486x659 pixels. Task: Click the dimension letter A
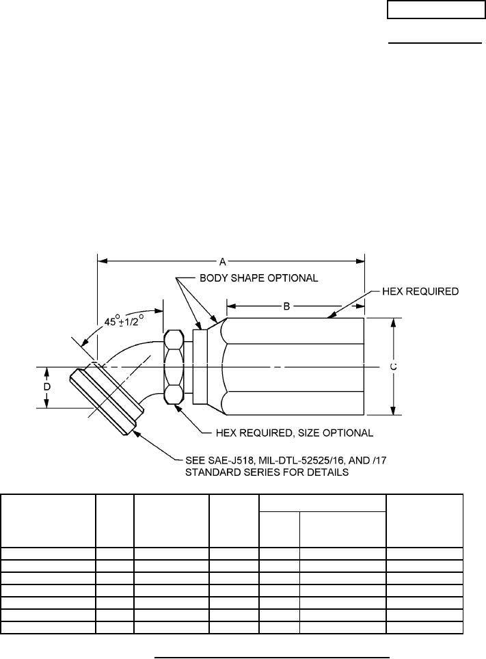click(223, 262)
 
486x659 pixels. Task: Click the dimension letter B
click(286, 306)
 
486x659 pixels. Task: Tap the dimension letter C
click(393, 366)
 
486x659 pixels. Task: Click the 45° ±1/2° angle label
click(124, 321)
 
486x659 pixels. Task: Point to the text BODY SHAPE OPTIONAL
click(258, 278)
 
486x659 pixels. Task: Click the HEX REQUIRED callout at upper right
click(420, 291)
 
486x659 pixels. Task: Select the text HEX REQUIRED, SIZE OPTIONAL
click(295, 433)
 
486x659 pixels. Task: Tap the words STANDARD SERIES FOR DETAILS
click(267, 472)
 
